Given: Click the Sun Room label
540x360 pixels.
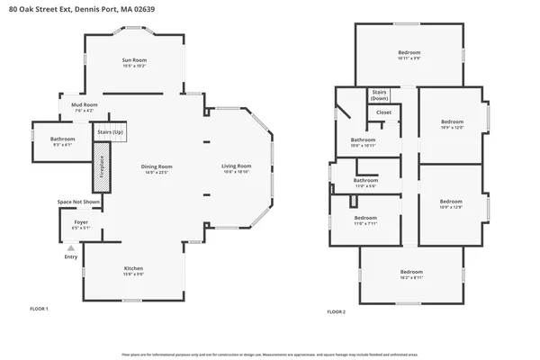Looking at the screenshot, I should click(134, 61).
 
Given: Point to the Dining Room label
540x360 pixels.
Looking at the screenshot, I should click(157, 166).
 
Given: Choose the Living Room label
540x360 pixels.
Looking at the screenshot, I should click(237, 166).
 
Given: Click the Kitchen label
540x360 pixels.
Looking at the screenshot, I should click(132, 268).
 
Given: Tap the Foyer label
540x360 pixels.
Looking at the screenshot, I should click(81, 221).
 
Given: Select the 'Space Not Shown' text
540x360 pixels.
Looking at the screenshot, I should click(78, 202).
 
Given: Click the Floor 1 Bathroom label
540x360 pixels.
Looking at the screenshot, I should click(63, 139).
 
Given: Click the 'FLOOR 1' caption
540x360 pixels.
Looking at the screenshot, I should click(40, 309).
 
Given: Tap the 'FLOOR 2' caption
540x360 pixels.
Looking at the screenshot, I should click(336, 311).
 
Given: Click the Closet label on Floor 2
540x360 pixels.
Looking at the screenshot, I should click(383, 112).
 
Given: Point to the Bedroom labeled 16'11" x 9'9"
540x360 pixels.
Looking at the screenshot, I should click(409, 53).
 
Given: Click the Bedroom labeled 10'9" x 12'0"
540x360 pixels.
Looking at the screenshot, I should click(452, 122).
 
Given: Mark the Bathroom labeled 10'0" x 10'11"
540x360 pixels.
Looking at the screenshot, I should click(363, 140).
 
